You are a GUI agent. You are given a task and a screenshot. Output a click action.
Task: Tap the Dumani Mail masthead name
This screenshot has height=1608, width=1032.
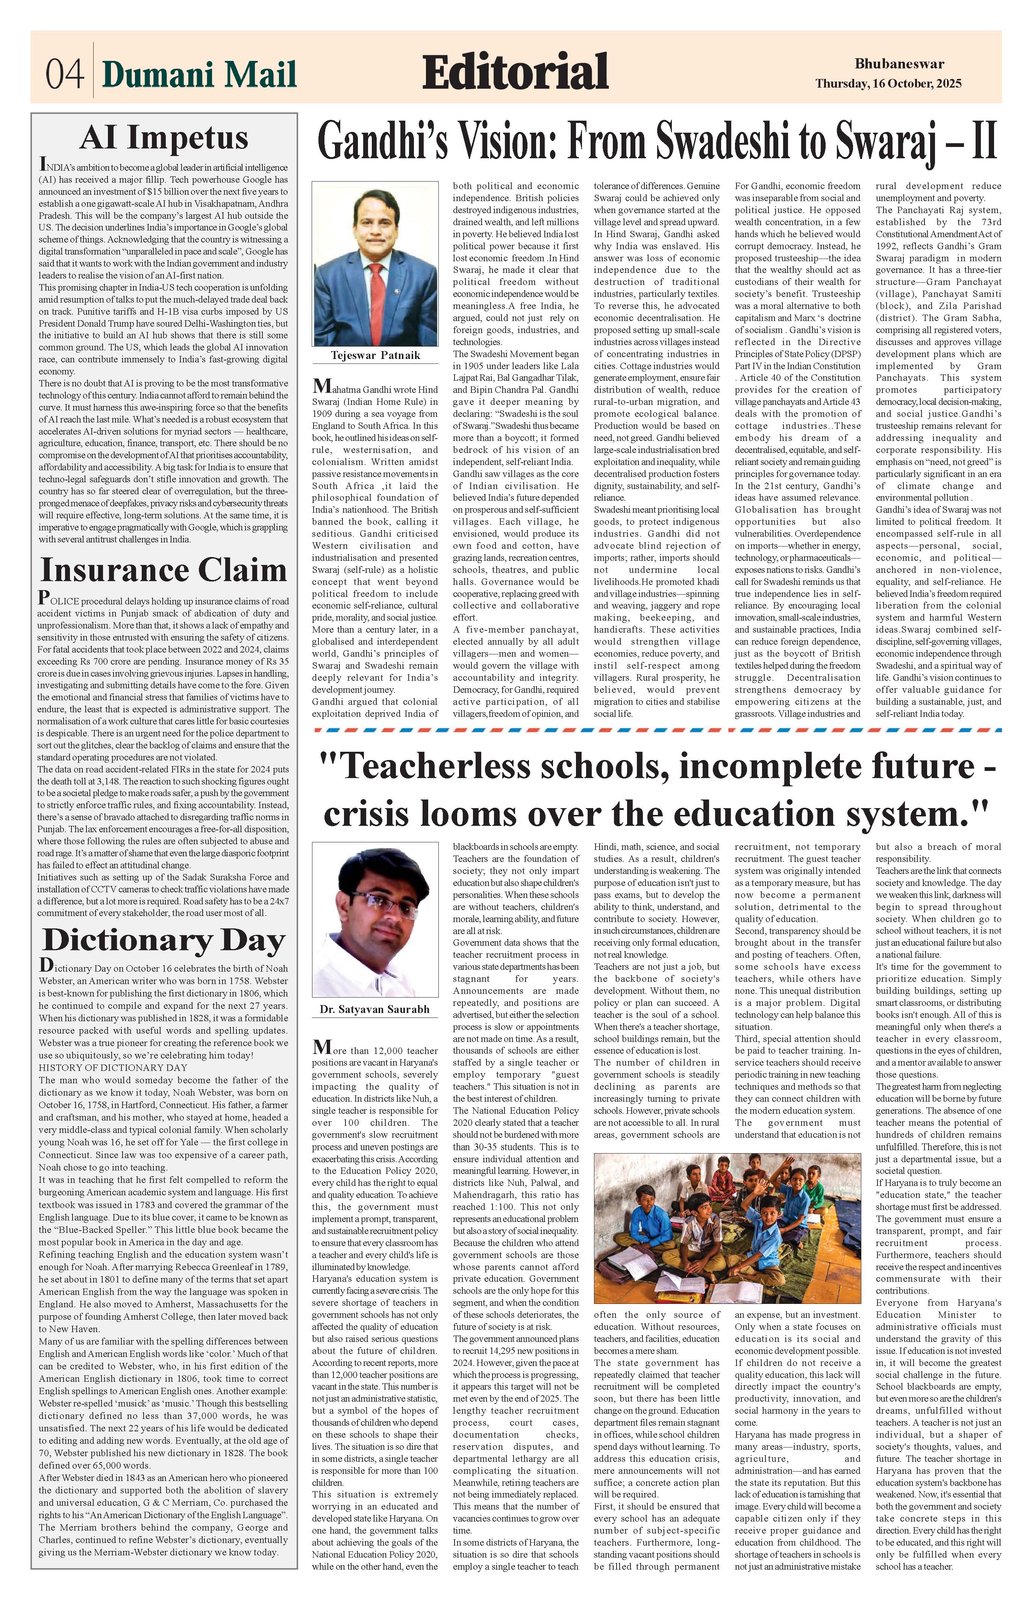pos(199,74)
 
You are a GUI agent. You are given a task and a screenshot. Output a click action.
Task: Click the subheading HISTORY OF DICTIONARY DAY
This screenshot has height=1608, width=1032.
pos(112,1067)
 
